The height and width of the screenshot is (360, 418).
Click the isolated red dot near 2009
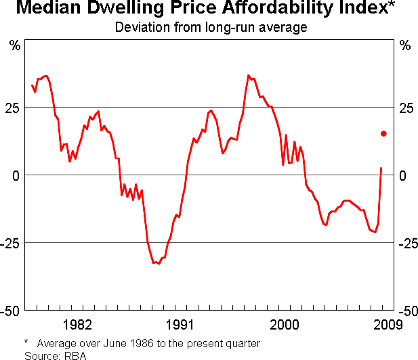tap(383, 134)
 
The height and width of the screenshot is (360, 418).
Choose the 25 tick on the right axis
tap(406, 108)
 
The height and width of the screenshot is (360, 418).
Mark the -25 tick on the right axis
tap(408, 243)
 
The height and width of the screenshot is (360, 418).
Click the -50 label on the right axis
tap(408, 311)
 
